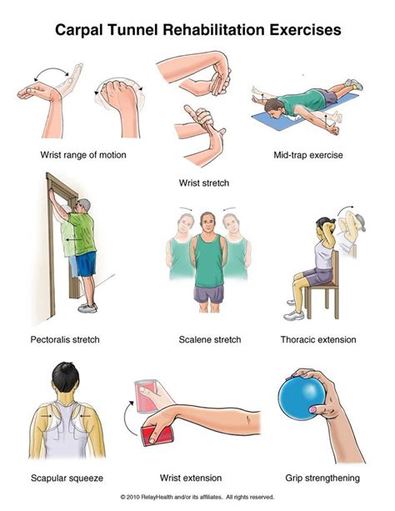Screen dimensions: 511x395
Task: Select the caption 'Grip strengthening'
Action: pyautogui.click(x=323, y=478)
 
